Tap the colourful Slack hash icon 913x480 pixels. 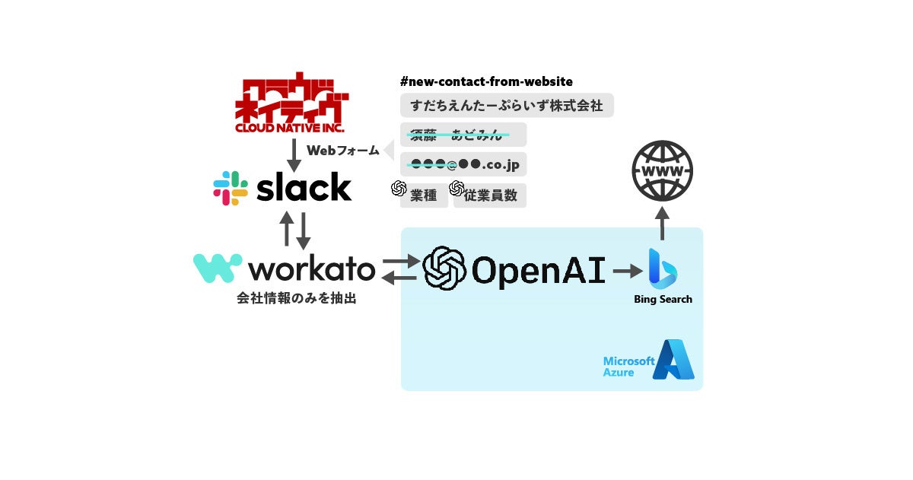tap(231, 188)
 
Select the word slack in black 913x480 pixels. tap(304, 187)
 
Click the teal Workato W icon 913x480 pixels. tap(218, 269)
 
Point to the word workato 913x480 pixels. tap(312, 269)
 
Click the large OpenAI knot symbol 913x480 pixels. tap(444, 269)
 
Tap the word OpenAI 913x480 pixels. tap(539, 270)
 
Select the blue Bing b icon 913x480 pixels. tap(662, 268)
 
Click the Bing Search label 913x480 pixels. tap(663, 300)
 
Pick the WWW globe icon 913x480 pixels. tap(663, 171)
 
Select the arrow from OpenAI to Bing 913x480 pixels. tap(627, 270)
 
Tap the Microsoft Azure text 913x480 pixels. tap(628, 367)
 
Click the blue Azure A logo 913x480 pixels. tap(673, 360)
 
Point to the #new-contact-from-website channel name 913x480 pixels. tap(486, 81)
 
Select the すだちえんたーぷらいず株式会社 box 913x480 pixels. tap(507, 106)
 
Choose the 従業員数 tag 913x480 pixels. tap(490, 195)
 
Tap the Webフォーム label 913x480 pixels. tap(342, 151)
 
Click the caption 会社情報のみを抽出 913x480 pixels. tap(297, 299)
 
